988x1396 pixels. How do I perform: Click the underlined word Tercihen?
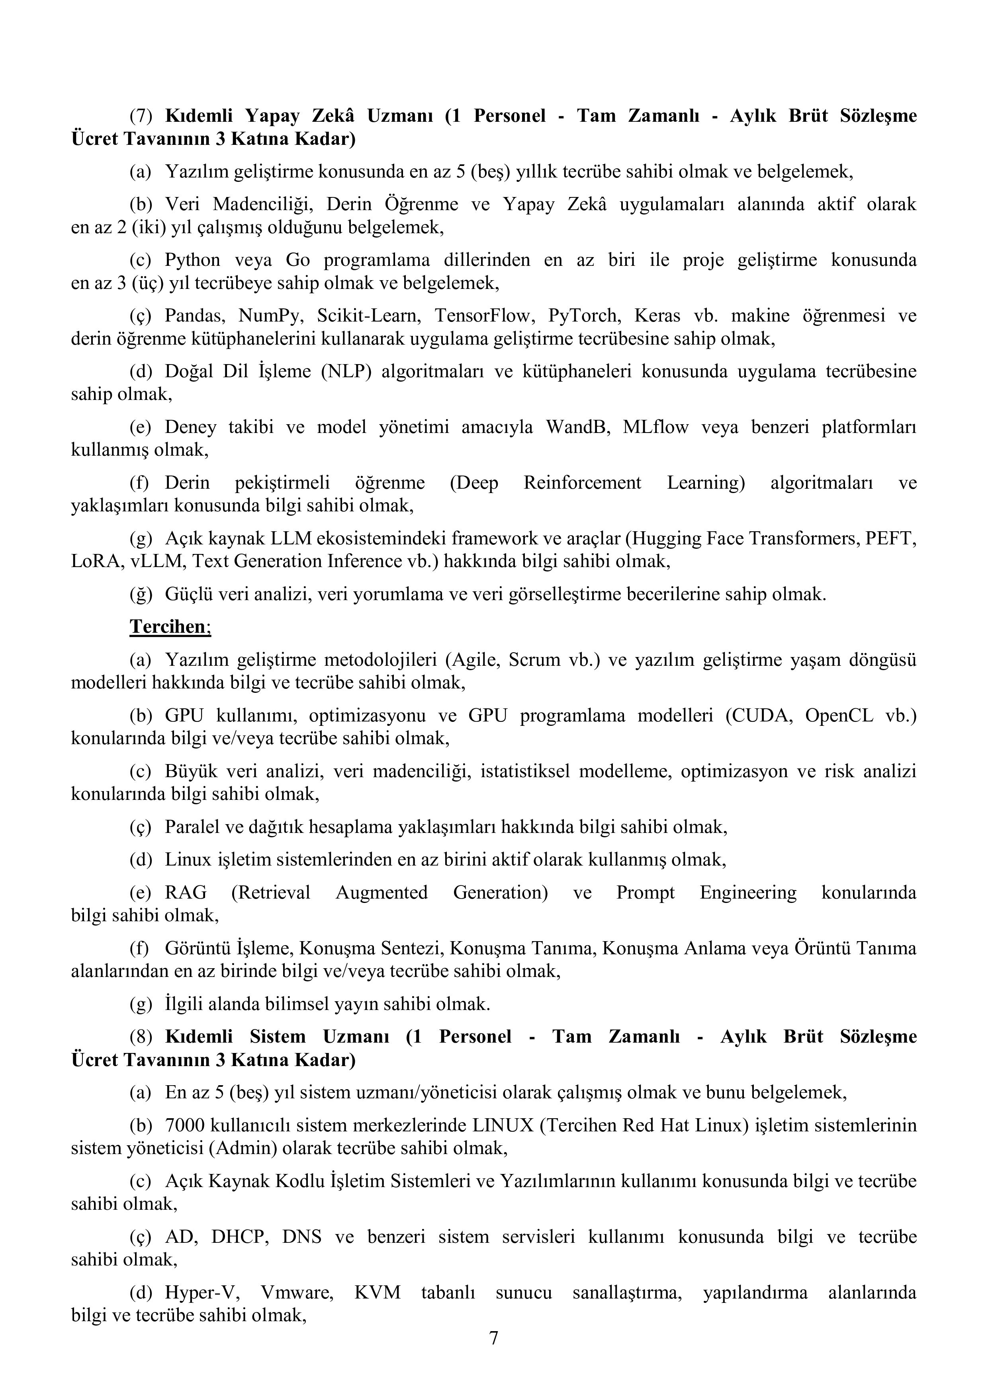pos(169,626)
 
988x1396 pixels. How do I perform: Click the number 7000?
pos(185,1125)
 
